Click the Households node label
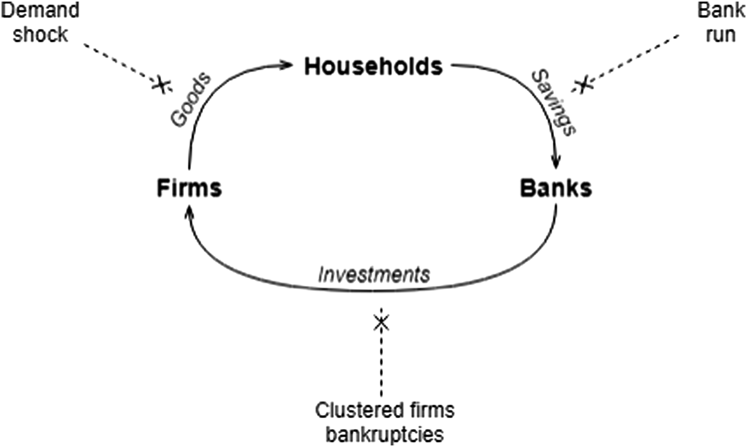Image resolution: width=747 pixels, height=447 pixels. pos(373,67)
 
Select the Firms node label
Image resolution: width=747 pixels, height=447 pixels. pos(189,189)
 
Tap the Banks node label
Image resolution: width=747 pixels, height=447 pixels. pos(555,189)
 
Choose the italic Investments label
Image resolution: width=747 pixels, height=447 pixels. pos(373,274)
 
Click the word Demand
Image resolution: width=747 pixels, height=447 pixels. pos(39,11)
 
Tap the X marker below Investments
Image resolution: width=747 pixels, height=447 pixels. pos(381,322)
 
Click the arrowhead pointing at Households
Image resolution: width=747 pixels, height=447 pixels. pos(288,65)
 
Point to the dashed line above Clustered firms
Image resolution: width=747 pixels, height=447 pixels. pos(381,363)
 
